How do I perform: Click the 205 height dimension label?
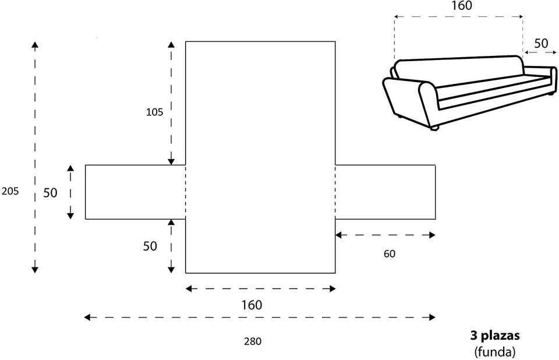click(10, 191)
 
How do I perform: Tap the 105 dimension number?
click(154, 112)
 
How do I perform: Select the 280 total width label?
click(253, 341)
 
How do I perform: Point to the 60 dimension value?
click(390, 253)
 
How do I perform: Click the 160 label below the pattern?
click(252, 305)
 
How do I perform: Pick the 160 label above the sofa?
click(461, 6)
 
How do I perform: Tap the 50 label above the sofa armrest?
click(541, 43)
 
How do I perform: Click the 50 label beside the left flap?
click(51, 192)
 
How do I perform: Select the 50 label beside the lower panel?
click(150, 246)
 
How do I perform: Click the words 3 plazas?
click(495, 336)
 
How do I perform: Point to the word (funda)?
click(495, 351)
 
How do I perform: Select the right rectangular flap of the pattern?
click(385, 192)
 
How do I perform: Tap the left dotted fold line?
click(186, 192)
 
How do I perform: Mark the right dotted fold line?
click(335, 192)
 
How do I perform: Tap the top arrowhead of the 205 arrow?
click(35, 45)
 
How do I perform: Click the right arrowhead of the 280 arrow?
click(432, 317)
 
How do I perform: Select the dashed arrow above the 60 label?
click(385, 235)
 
